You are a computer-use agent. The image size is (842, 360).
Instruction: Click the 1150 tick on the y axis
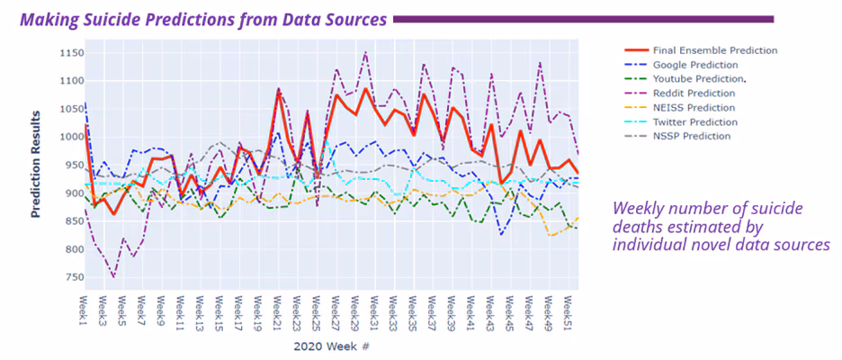(x=64, y=53)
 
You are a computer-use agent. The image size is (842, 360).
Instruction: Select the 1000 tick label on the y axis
(x=64, y=137)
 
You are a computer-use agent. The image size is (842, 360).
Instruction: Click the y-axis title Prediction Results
(x=37, y=165)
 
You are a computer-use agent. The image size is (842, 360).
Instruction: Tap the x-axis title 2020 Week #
(x=332, y=346)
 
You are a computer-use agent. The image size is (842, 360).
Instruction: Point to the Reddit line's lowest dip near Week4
(x=112, y=276)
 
